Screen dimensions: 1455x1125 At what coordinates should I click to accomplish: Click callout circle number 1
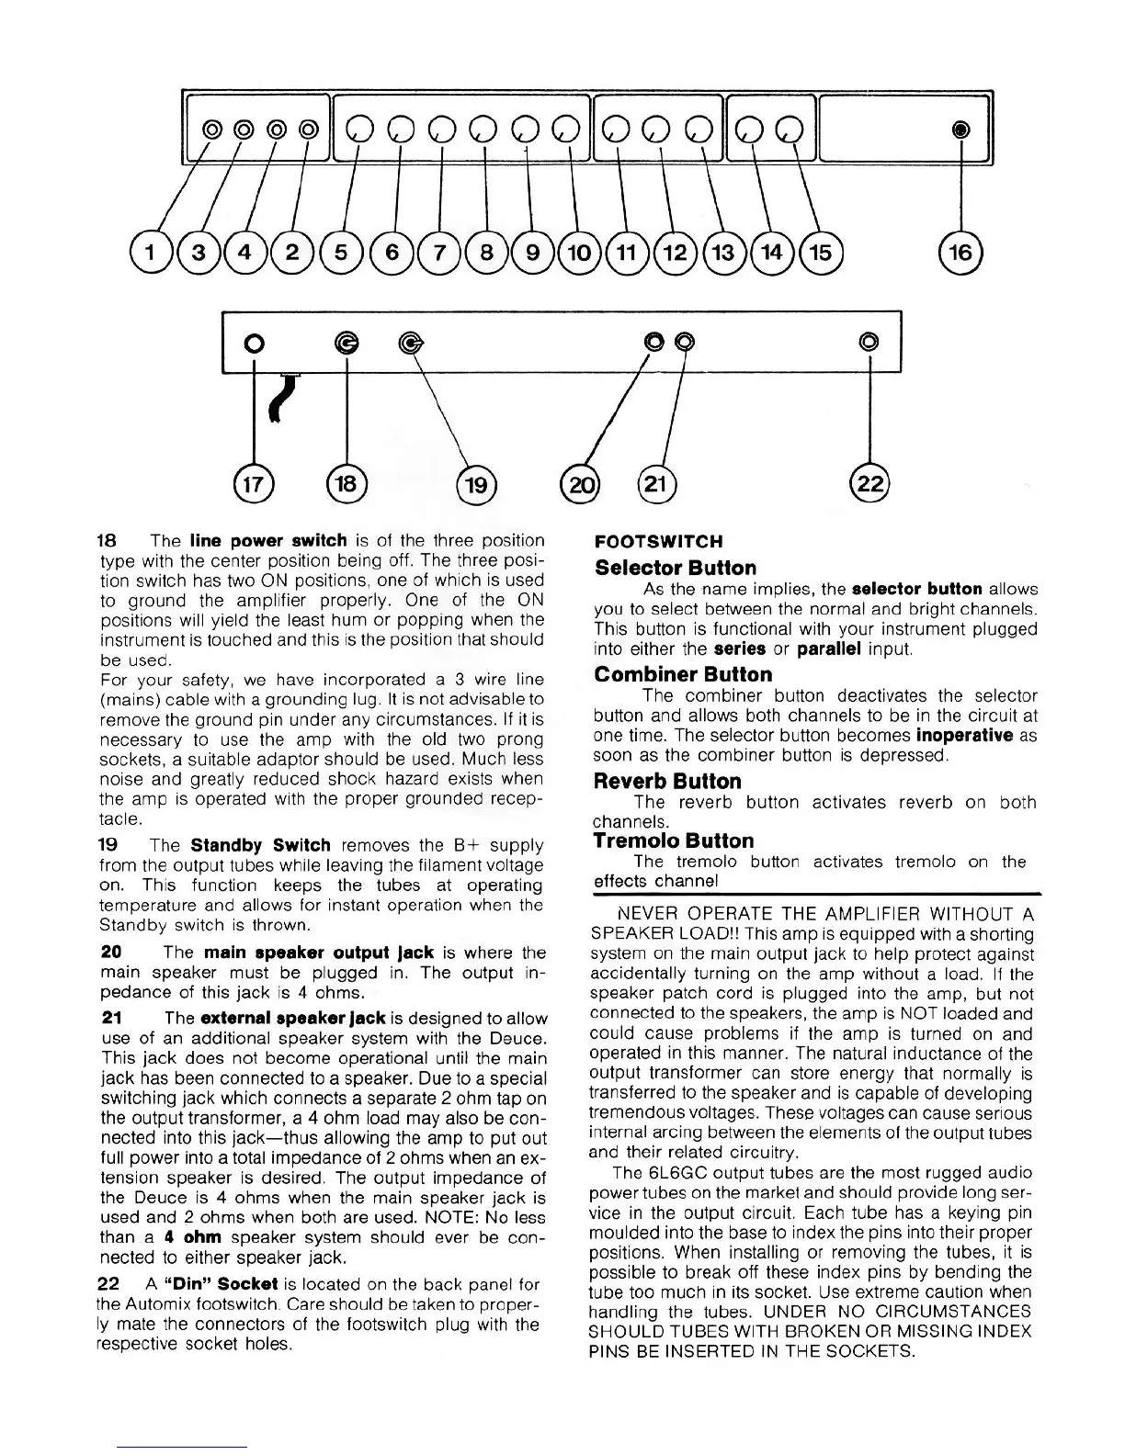(x=148, y=251)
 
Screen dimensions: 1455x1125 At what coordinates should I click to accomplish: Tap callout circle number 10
(x=580, y=251)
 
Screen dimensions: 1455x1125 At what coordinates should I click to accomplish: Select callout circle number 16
(x=960, y=251)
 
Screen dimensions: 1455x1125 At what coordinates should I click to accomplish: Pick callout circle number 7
(x=438, y=251)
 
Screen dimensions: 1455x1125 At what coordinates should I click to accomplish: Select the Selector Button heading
(x=675, y=568)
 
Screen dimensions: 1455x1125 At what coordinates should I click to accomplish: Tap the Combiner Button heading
(x=683, y=674)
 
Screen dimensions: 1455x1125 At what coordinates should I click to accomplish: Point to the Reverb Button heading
(x=666, y=781)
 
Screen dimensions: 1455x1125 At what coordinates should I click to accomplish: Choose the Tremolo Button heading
(x=673, y=840)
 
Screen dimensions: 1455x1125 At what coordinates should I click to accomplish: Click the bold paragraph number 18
(x=107, y=541)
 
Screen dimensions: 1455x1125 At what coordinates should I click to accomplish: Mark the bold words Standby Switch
(x=260, y=845)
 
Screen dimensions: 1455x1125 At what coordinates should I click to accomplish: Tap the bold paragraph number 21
(x=111, y=1018)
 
